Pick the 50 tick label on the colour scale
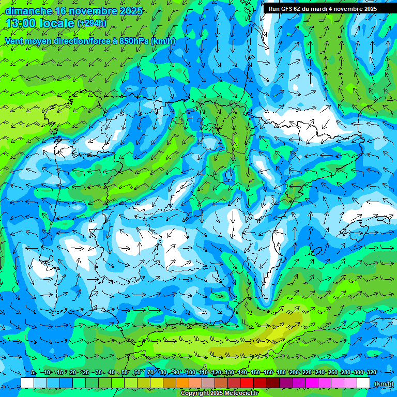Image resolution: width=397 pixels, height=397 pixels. tap(125, 373)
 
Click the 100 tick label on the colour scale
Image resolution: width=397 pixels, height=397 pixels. tap(190, 373)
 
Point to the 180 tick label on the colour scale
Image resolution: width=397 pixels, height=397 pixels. tap(281, 373)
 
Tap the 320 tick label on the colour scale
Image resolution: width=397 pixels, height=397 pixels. tap(371, 373)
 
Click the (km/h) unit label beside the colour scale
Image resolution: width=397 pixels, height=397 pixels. tap(384, 383)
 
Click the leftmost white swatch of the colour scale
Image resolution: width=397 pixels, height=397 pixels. tap(27, 383)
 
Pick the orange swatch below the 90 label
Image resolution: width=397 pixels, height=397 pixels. tap(182, 383)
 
